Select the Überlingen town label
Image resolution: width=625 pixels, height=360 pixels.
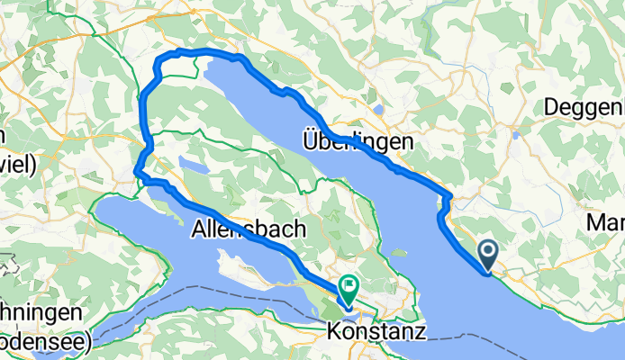[358, 142]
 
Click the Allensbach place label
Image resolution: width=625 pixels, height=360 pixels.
[248, 230]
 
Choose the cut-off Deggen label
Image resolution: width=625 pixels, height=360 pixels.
[584, 107]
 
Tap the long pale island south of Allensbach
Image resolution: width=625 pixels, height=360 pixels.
[261, 271]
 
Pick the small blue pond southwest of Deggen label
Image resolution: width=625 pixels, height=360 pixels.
[515, 135]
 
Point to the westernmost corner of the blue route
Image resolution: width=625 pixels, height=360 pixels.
[136, 171]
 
